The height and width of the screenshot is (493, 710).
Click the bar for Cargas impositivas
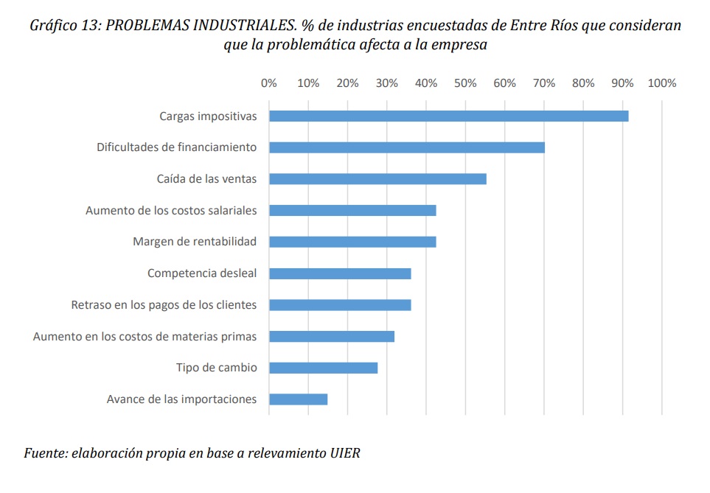(448, 116)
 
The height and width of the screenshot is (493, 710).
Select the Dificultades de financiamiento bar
(407, 147)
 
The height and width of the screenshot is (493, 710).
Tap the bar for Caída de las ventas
(377, 179)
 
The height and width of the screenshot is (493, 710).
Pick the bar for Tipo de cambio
(323, 368)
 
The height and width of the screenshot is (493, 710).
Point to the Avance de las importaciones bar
(298, 399)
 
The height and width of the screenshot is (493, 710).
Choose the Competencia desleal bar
(340, 273)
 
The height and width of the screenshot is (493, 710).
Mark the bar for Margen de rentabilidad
(352, 242)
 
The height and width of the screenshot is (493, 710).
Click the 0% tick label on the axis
(269, 83)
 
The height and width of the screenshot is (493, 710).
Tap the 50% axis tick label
(465, 83)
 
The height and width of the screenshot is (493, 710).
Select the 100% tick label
(661, 83)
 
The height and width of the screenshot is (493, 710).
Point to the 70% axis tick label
(544, 83)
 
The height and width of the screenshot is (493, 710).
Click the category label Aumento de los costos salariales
(171, 211)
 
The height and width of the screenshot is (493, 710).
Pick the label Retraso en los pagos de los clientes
(164, 305)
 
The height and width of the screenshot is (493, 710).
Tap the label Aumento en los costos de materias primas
(145, 337)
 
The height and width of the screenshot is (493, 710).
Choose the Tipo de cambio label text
(216, 368)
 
